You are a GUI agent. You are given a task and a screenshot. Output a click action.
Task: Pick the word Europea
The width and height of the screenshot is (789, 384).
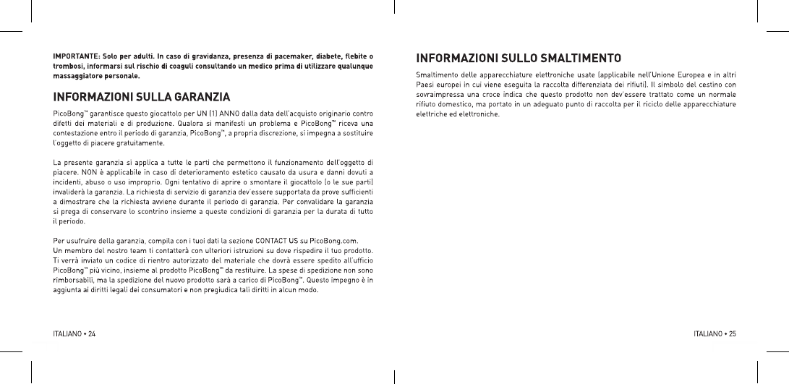[x=680, y=75]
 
